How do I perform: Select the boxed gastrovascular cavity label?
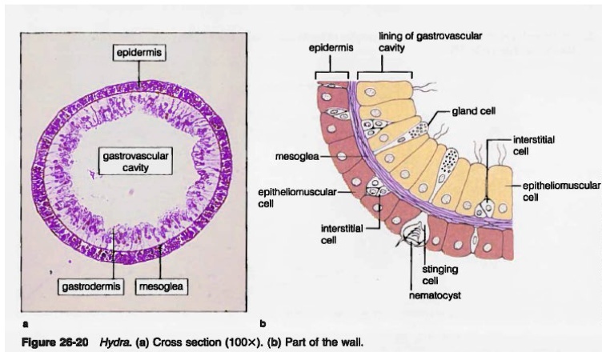[134, 160]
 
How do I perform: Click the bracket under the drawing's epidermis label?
[332, 75]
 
